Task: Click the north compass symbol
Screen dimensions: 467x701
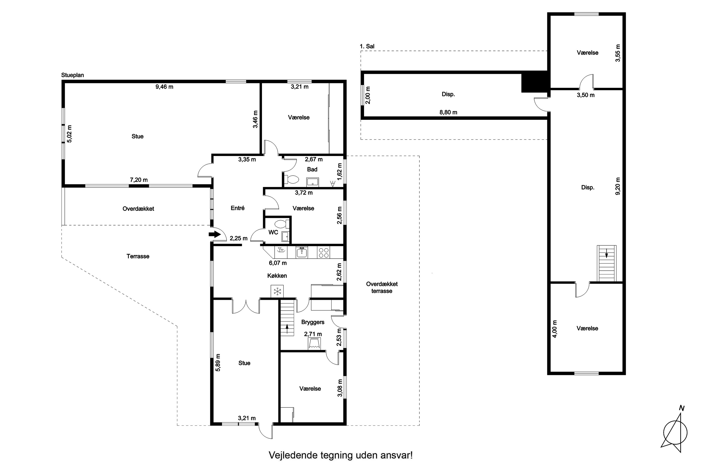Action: tap(675, 433)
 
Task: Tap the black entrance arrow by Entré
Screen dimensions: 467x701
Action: tap(213, 234)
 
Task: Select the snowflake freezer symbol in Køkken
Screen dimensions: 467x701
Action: tap(277, 291)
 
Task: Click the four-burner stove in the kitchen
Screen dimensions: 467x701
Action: tap(324, 253)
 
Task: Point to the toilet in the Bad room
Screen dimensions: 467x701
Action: tap(292, 179)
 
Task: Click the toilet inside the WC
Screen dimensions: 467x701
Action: tap(280, 224)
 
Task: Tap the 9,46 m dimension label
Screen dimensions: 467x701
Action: tap(164, 87)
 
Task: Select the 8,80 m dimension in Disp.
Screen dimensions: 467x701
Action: tap(448, 112)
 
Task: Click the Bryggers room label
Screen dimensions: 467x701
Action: tap(313, 322)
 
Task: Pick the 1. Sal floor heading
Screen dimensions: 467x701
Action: tap(367, 46)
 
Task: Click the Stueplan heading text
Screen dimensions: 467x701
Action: tap(72, 75)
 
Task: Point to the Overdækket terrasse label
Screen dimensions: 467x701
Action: tap(382, 287)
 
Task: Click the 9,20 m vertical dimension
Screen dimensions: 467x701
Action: tap(618, 186)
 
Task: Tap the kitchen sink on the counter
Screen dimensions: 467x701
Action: tap(302, 253)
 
